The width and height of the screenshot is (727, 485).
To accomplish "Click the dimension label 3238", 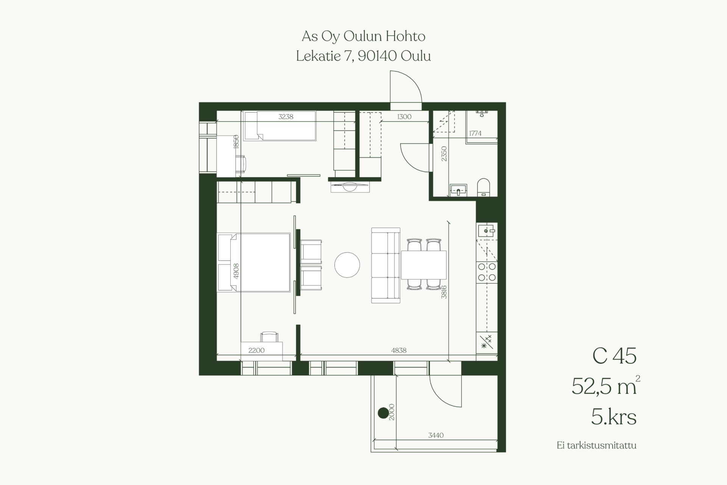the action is coord(286,117).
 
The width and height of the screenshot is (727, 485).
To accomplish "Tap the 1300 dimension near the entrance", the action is coord(404,117).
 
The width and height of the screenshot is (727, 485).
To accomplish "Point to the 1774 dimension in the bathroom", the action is coord(475,133).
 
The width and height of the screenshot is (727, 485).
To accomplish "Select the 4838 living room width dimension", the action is coord(399,350).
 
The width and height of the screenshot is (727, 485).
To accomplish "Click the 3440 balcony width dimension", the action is coord(436,435).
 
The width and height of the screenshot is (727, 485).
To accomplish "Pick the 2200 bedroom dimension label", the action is coord(256,350).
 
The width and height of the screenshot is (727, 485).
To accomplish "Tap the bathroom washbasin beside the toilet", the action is coord(459,190).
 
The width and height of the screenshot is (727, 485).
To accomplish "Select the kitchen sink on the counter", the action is coord(487,230).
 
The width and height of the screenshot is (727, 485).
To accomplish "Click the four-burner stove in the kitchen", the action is coord(487,272).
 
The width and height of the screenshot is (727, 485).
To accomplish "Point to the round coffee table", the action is coord(347,265).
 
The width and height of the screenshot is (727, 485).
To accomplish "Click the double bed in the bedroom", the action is coord(254,263).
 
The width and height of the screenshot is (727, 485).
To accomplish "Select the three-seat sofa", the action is coord(386,266).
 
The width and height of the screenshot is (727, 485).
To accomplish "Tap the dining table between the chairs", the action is coord(423,265).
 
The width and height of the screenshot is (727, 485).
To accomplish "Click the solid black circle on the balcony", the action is coord(383,413).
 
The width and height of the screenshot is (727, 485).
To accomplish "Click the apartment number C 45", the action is coord(615,356).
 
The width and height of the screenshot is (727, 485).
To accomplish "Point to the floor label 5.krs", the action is coord(614,417).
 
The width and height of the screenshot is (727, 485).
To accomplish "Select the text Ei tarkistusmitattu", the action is coord(596,445).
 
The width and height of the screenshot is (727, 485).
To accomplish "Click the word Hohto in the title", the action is coord(406,36).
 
